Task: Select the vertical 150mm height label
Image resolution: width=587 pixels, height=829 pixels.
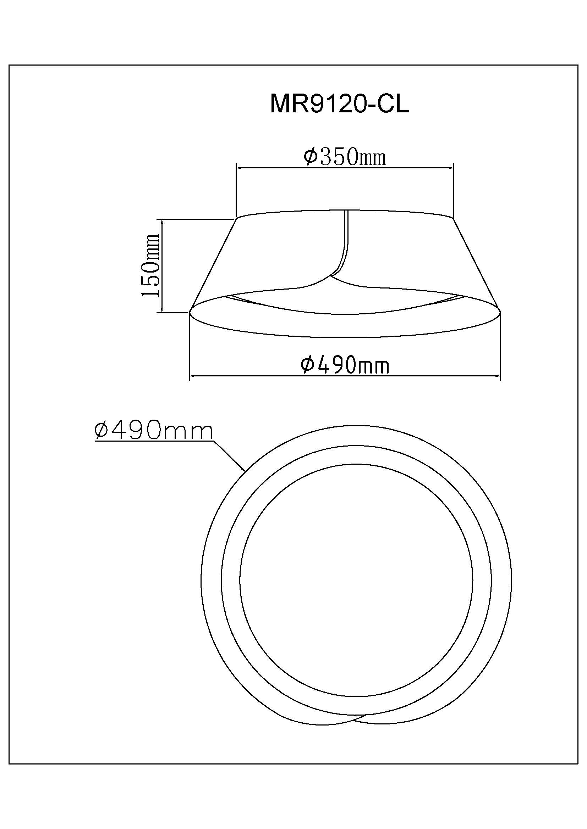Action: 151,265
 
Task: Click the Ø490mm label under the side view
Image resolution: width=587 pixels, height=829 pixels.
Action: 345,365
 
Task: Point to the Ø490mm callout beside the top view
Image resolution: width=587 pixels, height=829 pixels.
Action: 153,431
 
